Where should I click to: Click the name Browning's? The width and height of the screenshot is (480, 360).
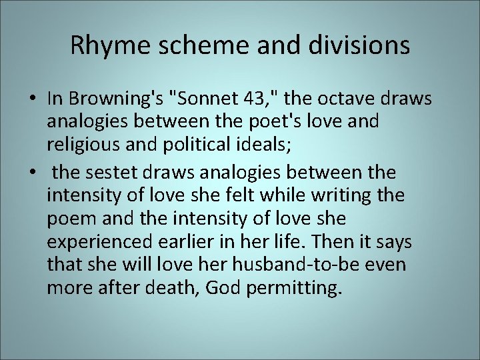coord(115,99)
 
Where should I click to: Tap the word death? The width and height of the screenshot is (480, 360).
coord(179,288)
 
